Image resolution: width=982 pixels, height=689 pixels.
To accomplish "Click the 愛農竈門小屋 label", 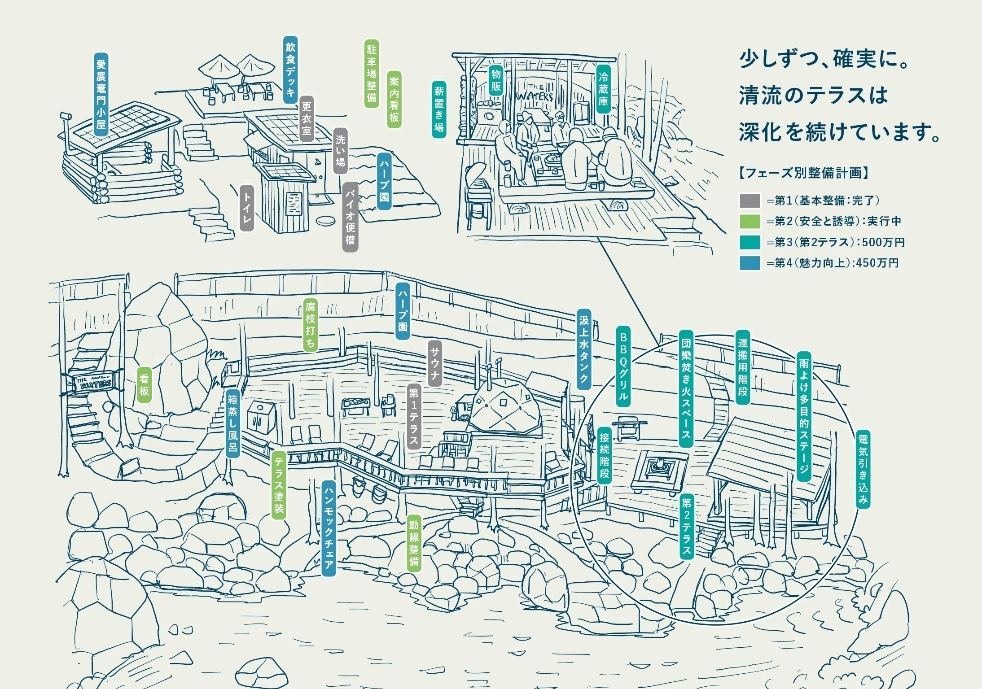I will point(101,94).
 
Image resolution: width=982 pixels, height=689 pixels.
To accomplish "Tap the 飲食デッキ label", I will point(291,70).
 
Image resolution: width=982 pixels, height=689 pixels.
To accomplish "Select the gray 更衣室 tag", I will point(307,118).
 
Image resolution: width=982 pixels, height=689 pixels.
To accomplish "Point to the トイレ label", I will point(247,208).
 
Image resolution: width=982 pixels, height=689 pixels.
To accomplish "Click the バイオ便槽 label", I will point(350,217).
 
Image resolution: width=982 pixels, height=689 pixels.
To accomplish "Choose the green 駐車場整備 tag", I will point(372,74).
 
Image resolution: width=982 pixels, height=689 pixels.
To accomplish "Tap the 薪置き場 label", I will point(439,109).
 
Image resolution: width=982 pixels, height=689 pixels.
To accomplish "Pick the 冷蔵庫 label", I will point(603,89).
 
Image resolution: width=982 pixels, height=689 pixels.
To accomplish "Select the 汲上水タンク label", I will point(584,349).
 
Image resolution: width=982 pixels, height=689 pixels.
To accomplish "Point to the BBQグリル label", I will point(623,366).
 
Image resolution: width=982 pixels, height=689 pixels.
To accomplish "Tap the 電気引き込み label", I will point(863,469).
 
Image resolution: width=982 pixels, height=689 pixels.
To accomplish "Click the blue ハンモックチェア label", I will point(329,528).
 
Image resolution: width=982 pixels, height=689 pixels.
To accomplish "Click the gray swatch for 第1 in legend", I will point(750,201).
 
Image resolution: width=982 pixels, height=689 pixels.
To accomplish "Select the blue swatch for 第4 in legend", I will point(750,263).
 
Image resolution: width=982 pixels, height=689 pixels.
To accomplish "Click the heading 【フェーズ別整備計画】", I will point(803,173).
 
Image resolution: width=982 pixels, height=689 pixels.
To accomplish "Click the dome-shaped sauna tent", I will point(503,408).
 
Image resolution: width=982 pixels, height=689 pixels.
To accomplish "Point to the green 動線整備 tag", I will point(414,543).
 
